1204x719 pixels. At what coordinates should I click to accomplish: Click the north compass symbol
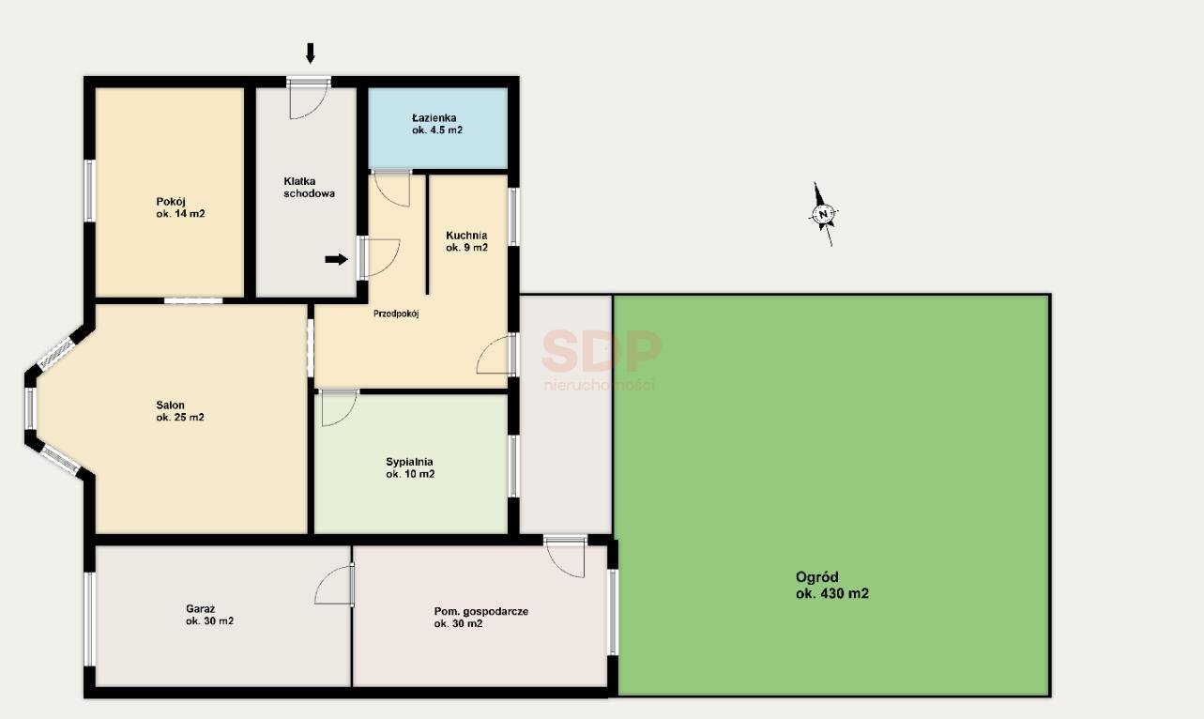pyautogui.click(x=823, y=214)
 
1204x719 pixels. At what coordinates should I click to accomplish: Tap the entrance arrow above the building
pyautogui.click(x=310, y=54)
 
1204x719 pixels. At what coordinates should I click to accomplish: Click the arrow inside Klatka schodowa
pyautogui.click(x=337, y=260)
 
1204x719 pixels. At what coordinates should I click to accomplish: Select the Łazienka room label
pyautogui.click(x=437, y=124)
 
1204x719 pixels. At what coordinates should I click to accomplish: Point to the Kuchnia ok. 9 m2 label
pyautogui.click(x=466, y=241)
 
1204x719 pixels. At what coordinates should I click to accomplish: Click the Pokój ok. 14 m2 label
pyautogui.click(x=180, y=207)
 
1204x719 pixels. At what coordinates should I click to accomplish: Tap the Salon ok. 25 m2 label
pyautogui.click(x=180, y=411)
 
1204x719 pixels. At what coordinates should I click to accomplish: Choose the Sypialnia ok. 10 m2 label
pyautogui.click(x=410, y=467)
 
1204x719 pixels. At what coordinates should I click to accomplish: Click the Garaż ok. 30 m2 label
pyautogui.click(x=209, y=615)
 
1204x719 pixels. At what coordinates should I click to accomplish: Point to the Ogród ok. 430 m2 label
pyautogui.click(x=832, y=585)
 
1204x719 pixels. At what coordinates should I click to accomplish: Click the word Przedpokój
pyautogui.click(x=396, y=314)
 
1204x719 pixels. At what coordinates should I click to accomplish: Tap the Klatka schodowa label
pyautogui.click(x=309, y=187)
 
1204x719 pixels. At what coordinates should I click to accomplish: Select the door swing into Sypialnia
pyautogui.click(x=339, y=408)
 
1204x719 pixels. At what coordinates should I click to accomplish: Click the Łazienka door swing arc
pyautogui.click(x=392, y=189)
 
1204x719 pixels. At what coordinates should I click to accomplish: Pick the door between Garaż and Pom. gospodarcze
pyautogui.click(x=334, y=584)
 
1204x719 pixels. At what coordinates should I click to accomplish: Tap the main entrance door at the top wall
pyautogui.click(x=308, y=98)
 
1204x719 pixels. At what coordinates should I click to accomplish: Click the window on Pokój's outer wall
pyautogui.click(x=90, y=191)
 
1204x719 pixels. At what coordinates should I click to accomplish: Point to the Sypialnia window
pyautogui.click(x=513, y=466)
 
